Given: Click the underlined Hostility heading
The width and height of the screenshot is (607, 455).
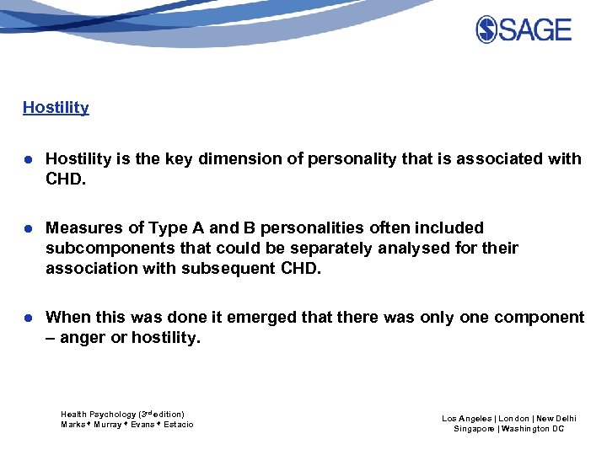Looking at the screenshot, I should [56, 107].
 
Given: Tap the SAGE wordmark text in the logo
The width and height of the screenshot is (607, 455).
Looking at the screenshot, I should [534, 29].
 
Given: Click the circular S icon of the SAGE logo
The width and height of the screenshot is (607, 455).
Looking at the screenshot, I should [486, 29].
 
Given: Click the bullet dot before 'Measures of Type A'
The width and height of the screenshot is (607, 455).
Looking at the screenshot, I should [28, 228].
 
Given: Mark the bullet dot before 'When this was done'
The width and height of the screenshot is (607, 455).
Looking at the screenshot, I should [28, 318].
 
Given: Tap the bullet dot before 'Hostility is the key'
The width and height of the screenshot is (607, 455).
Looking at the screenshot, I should [28, 159].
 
